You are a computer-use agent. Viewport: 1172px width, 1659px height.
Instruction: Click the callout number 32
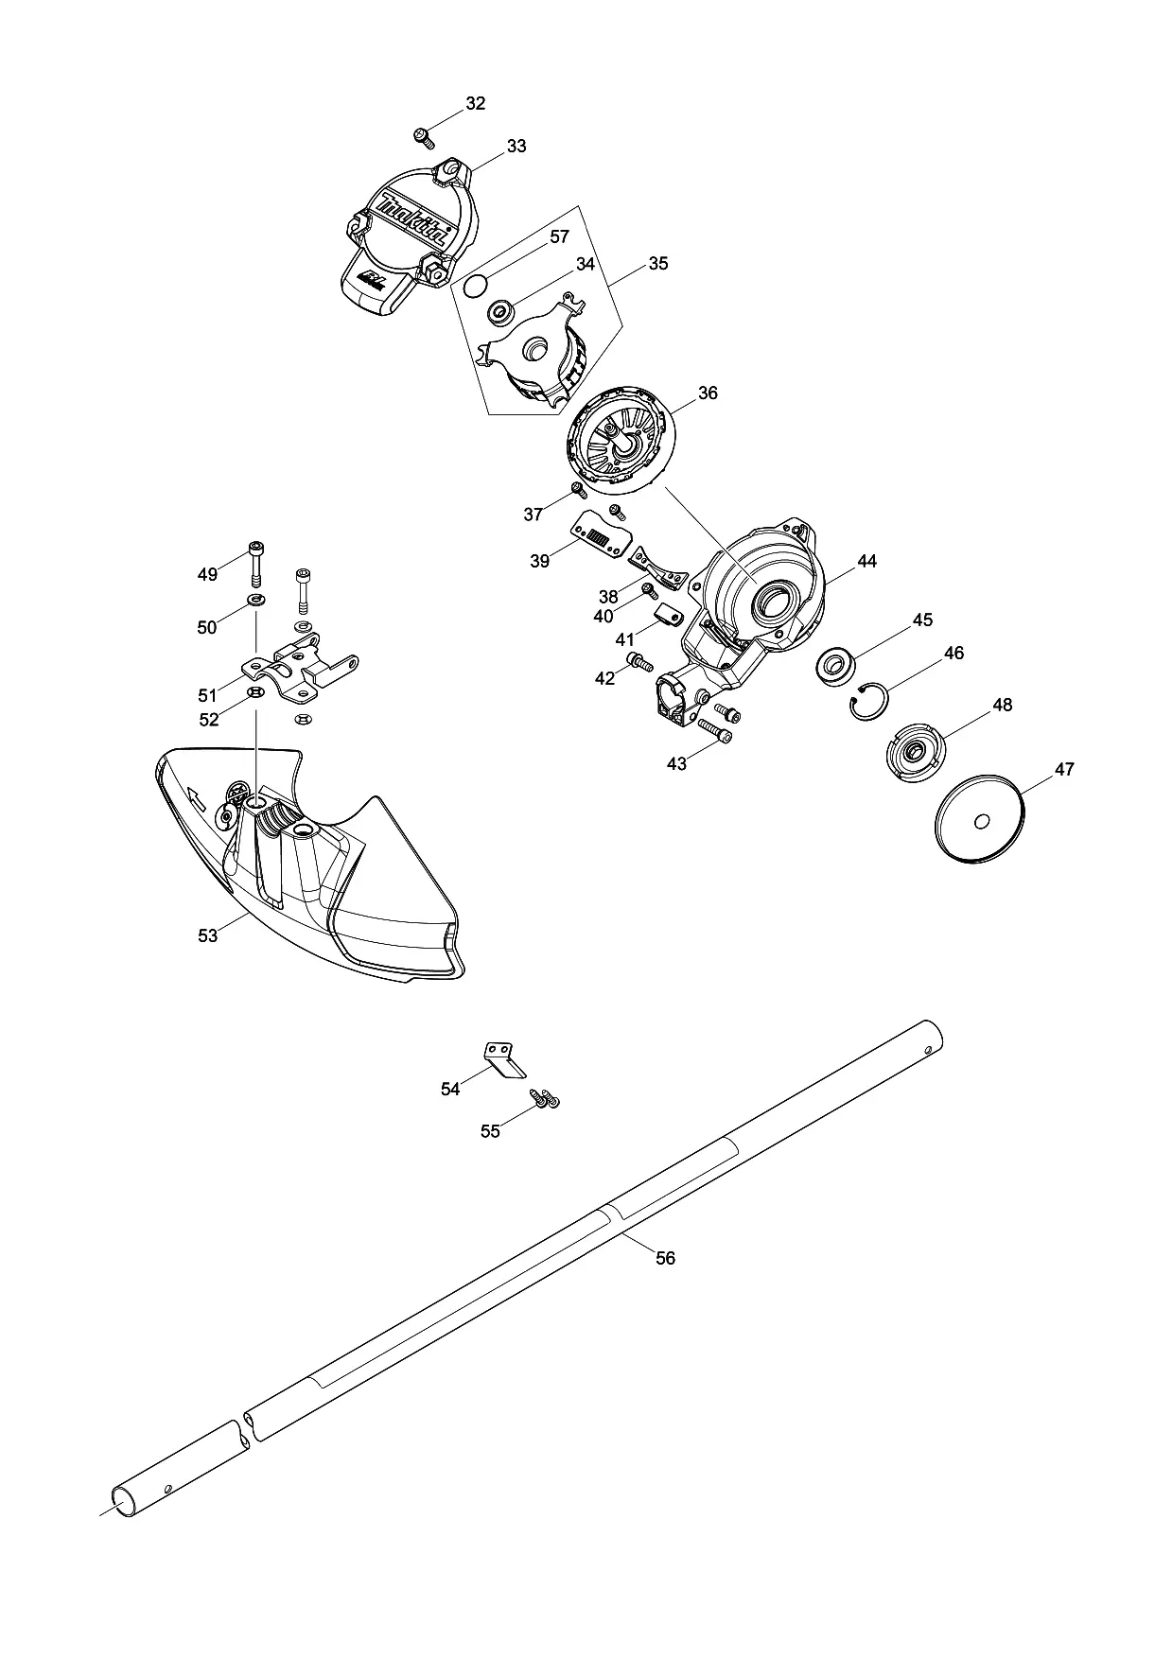point(475,103)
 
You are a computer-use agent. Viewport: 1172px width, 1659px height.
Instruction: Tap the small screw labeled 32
point(424,138)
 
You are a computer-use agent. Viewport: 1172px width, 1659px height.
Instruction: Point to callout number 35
point(657,264)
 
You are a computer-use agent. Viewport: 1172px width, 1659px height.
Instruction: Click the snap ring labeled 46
point(869,701)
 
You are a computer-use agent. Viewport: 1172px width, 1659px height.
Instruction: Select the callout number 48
point(1002,705)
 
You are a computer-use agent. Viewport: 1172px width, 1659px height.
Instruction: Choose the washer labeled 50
point(256,602)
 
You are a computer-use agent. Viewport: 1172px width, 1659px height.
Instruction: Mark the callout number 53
point(208,935)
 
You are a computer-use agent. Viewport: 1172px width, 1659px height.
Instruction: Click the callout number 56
point(666,1258)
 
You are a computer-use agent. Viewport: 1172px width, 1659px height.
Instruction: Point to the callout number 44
point(866,561)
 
